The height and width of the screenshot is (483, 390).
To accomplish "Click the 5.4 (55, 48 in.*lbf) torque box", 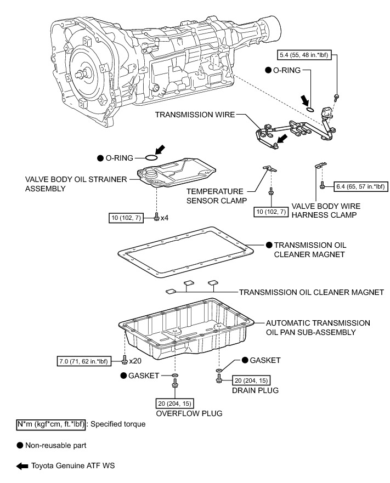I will (x=304, y=55).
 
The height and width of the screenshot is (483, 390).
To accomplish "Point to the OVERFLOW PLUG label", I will (x=189, y=413).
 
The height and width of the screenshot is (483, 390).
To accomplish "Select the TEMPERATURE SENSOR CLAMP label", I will (x=214, y=197).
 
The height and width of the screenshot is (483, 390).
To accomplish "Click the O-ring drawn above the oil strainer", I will (x=151, y=157).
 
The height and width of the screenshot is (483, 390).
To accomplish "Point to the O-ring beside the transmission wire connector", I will (x=310, y=110).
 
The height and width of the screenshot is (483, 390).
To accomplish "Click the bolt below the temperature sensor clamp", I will (x=271, y=192).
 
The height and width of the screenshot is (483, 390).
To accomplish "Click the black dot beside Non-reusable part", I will (x=20, y=446).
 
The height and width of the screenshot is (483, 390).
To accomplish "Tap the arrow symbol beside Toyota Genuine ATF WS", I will (x=22, y=466).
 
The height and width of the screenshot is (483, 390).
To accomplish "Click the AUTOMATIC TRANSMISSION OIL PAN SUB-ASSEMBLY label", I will (x=317, y=327).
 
